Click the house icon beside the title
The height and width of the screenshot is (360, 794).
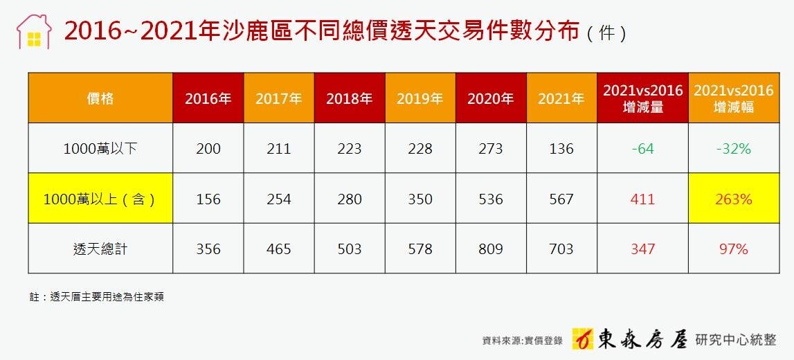[34, 32]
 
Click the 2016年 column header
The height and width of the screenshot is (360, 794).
[208, 98]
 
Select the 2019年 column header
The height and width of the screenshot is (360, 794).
[420, 98]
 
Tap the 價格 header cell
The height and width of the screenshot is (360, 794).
[100, 98]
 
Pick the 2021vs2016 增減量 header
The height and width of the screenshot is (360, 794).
[642, 98]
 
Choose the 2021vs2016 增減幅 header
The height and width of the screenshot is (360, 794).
[733, 98]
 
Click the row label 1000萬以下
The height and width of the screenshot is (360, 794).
[100, 149]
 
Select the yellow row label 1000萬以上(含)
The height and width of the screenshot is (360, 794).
[100, 199]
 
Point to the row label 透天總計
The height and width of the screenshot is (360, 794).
[100, 249]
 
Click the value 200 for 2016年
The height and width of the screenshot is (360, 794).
[208, 149]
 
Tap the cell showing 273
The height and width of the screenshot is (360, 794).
[491, 149]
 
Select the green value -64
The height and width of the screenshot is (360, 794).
[642, 149]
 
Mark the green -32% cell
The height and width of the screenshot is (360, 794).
[733, 149]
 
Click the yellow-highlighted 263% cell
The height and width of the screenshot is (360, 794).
[733, 199]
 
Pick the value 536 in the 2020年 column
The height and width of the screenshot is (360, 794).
[491, 199]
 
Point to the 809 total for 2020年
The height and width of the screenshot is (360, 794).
[491, 249]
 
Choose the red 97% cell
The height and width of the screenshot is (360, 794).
[733, 249]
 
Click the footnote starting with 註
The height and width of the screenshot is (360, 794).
[96, 297]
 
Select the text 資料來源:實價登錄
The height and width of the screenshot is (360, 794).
[523, 341]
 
